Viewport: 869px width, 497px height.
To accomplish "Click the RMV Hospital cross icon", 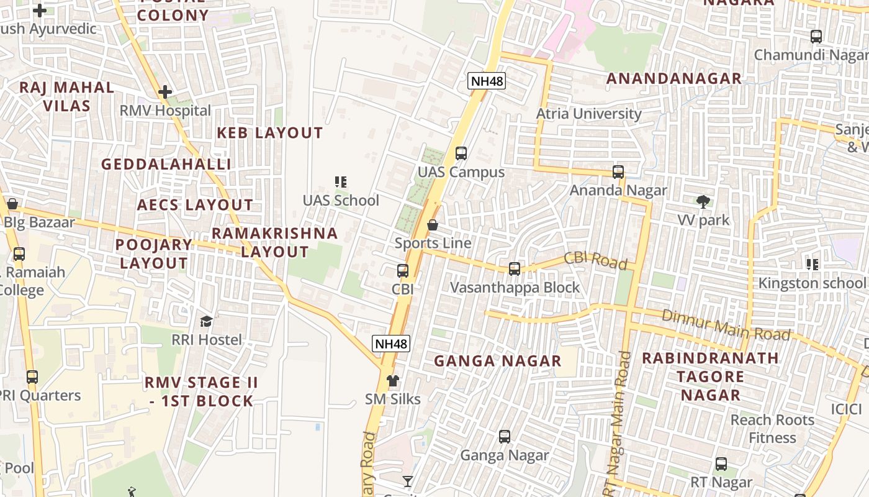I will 164,92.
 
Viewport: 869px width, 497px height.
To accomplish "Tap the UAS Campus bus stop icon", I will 461,153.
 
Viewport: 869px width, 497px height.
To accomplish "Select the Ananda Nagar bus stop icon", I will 618,172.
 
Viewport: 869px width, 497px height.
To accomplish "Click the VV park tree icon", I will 703,201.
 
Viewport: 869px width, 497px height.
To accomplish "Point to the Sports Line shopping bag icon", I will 433,224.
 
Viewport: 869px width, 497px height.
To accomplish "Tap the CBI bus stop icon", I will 403,270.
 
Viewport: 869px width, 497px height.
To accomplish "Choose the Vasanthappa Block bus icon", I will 515,268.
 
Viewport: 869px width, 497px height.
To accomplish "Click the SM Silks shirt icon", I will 392,380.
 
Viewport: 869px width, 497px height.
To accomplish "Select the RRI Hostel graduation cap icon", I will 206,321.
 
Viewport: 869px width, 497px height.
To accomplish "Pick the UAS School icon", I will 340,181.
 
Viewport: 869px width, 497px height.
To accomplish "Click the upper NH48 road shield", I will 487,80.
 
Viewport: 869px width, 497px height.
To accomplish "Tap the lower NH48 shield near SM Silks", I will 392,343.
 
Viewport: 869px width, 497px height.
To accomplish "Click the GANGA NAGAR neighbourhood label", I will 497,361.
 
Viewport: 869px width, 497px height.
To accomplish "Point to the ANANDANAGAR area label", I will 673,78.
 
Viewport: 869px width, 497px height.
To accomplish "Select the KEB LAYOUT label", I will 269,133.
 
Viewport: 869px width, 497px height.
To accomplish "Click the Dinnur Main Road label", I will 726,324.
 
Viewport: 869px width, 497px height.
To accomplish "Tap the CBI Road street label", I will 595,260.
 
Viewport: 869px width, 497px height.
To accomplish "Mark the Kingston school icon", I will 812,265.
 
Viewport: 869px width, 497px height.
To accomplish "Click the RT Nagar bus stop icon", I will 721,463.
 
